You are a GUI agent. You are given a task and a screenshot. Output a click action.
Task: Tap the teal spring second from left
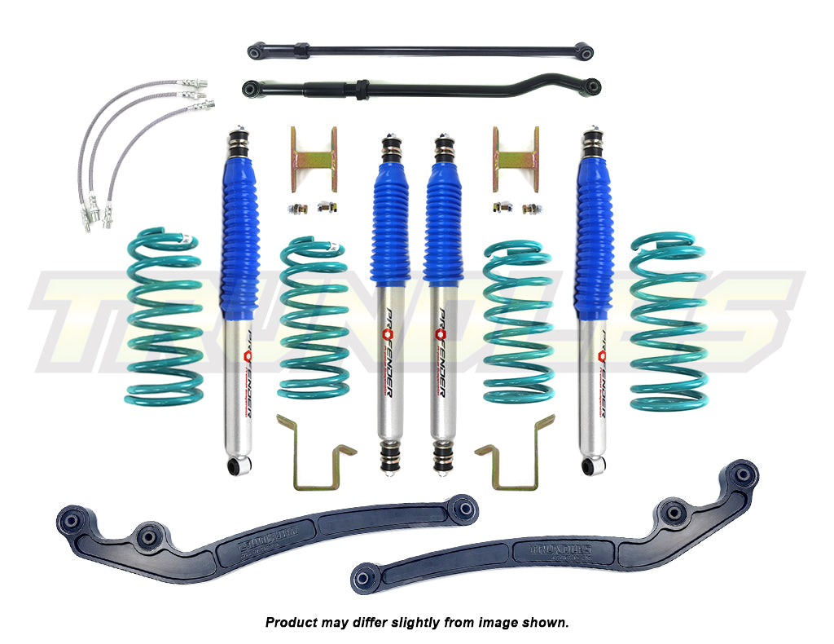click(x=314, y=318)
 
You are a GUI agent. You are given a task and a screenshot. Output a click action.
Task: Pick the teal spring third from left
click(x=517, y=322)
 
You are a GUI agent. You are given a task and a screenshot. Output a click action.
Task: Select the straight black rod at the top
click(x=420, y=51)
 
